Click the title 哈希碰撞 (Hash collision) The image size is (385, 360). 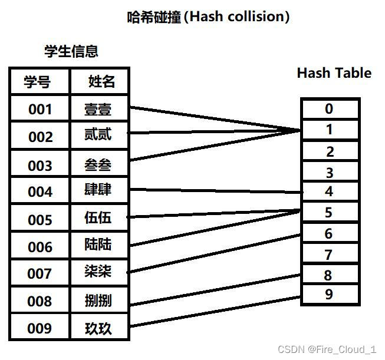coord(208,17)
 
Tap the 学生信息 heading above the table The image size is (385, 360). coord(71,51)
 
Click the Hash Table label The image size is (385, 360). coord(334,73)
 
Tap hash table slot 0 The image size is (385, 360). coord(329,109)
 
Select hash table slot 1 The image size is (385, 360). coord(329,130)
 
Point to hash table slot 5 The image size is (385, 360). coord(329,212)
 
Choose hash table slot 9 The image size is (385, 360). coord(329,294)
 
